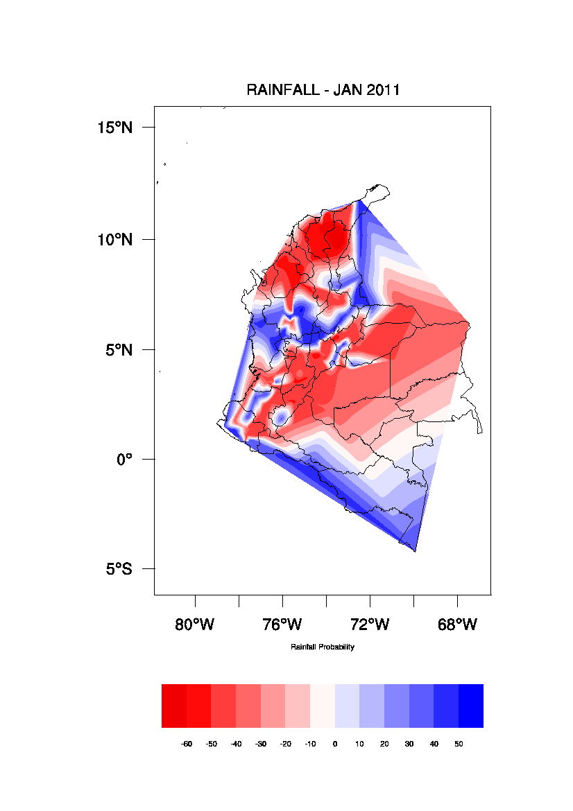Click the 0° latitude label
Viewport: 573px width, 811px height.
click(124, 459)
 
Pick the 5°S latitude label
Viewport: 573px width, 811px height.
click(119, 569)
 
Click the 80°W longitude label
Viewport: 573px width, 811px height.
click(195, 625)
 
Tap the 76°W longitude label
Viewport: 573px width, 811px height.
click(282, 625)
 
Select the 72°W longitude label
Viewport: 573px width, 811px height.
click(370, 625)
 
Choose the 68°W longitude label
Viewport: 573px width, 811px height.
click(457, 625)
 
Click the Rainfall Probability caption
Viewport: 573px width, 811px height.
click(323, 647)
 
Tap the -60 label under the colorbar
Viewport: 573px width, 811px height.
click(187, 744)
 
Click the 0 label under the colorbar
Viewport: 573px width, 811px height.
click(335, 744)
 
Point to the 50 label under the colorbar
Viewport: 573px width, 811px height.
click(459, 744)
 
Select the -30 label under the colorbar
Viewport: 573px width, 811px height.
click(261, 744)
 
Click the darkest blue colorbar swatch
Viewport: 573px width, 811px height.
click(471, 706)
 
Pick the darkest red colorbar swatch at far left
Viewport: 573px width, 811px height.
click(174, 706)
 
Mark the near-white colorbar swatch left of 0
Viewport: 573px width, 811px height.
click(323, 706)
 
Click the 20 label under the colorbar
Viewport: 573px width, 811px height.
click(384, 744)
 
